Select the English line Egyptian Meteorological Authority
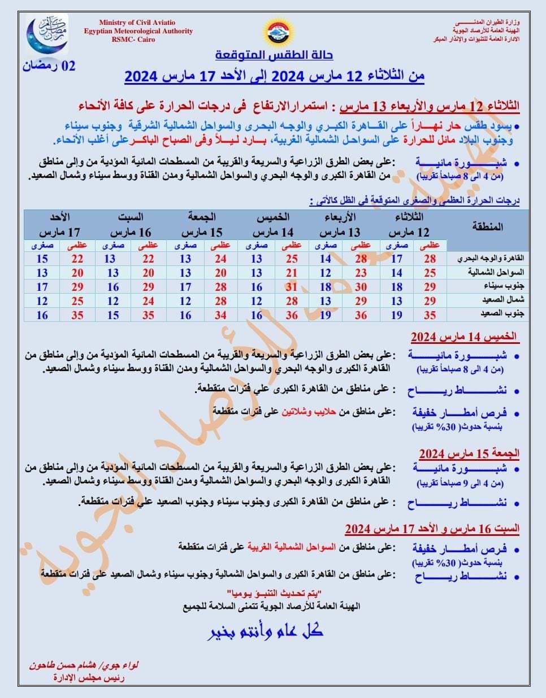138,31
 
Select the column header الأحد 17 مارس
59,225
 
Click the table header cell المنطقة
487,227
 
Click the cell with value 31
292,287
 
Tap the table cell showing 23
361,273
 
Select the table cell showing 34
220,315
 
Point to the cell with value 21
292,273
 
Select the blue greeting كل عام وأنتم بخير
265,631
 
